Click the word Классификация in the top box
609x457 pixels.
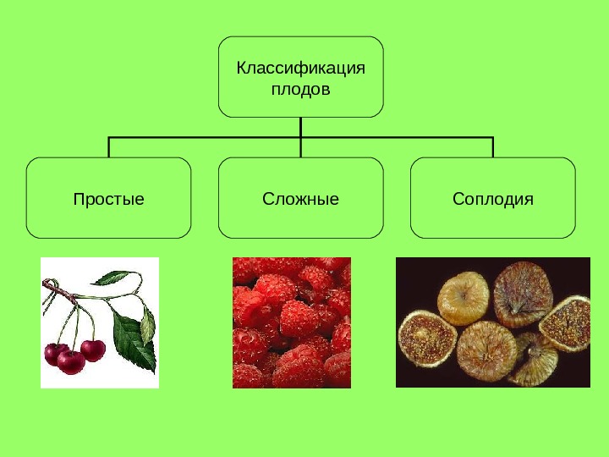tap(300, 68)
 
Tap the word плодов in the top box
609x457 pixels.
tap(300, 88)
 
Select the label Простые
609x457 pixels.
tap(108, 200)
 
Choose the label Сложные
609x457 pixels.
tap(300, 200)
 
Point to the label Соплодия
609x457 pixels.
tap(492, 200)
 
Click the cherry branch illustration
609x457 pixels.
tap(100, 322)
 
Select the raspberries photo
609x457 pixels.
tap(291, 322)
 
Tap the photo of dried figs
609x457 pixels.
tap(492, 322)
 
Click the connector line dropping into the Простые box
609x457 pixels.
tap(109, 146)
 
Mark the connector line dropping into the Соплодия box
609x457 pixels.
tap(492, 146)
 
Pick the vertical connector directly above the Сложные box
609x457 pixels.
tap(301, 146)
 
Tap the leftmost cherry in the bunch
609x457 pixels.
tap(56, 354)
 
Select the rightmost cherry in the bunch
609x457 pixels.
tap(93, 349)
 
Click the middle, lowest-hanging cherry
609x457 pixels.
tap(72, 362)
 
